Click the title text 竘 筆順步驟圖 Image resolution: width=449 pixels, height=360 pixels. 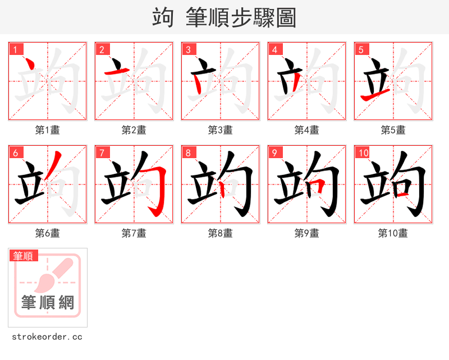coord(224,17)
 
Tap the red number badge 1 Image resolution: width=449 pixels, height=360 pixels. coord(16,50)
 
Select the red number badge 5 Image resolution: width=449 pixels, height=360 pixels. coord(361,50)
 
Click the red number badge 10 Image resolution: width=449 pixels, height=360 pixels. coord(363,153)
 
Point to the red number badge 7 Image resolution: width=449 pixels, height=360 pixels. coord(102,153)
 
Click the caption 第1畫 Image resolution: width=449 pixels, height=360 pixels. coord(48,130)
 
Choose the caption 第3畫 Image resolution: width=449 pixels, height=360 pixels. coord(221,130)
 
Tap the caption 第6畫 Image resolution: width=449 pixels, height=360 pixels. coord(48,233)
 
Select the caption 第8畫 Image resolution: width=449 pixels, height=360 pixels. coord(221,233)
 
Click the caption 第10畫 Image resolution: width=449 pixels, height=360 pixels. coord(393,233)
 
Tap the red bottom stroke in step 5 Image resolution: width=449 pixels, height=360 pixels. coord(372,98)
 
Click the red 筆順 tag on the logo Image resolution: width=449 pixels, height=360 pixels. coord(24,256)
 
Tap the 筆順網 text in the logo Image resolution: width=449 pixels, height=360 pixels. coord(48,303)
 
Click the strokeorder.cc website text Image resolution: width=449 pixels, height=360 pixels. coord(47,337)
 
